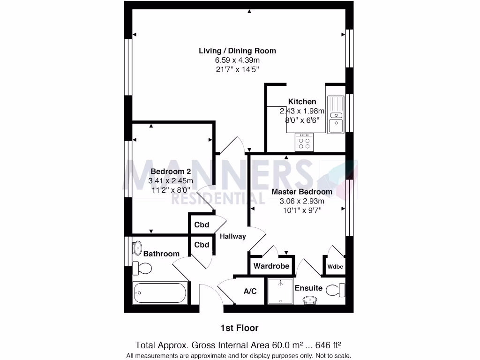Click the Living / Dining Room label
tap(237, 51)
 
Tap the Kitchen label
tap(302, 101)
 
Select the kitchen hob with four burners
tap(304, 142)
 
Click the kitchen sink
tap(336, 115)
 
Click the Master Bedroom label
tap(302, 192)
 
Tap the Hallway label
tap(233, 236)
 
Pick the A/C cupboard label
tap(250, 291)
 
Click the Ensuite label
tap(308, 288)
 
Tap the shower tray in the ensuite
tap(280, 291)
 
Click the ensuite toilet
tap(336, 290)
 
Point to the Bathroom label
tap(161, 254)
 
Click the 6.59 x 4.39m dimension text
tap(237, 60)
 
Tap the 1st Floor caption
tap(240, 328)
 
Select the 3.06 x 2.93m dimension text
tap(302, 201)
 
